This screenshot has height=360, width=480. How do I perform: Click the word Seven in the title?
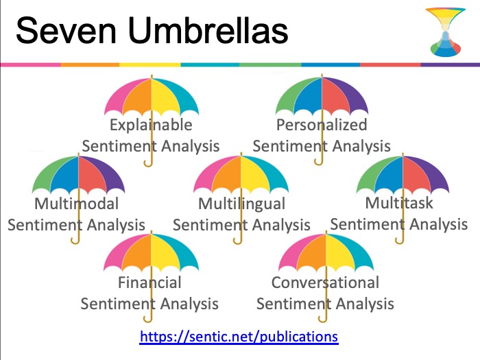66,31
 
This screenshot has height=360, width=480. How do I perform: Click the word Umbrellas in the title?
208,30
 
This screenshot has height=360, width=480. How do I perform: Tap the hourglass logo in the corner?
446,32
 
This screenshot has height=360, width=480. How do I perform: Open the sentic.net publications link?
239,337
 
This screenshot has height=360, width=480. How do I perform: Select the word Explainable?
151,125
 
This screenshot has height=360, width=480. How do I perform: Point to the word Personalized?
322,125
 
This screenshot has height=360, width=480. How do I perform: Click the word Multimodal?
76,204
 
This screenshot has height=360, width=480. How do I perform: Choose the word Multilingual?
241,204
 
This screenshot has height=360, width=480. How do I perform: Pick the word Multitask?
399,203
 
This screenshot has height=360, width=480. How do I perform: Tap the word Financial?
149,283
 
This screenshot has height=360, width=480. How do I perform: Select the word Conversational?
325,283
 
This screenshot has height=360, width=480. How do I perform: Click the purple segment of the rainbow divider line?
451,64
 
